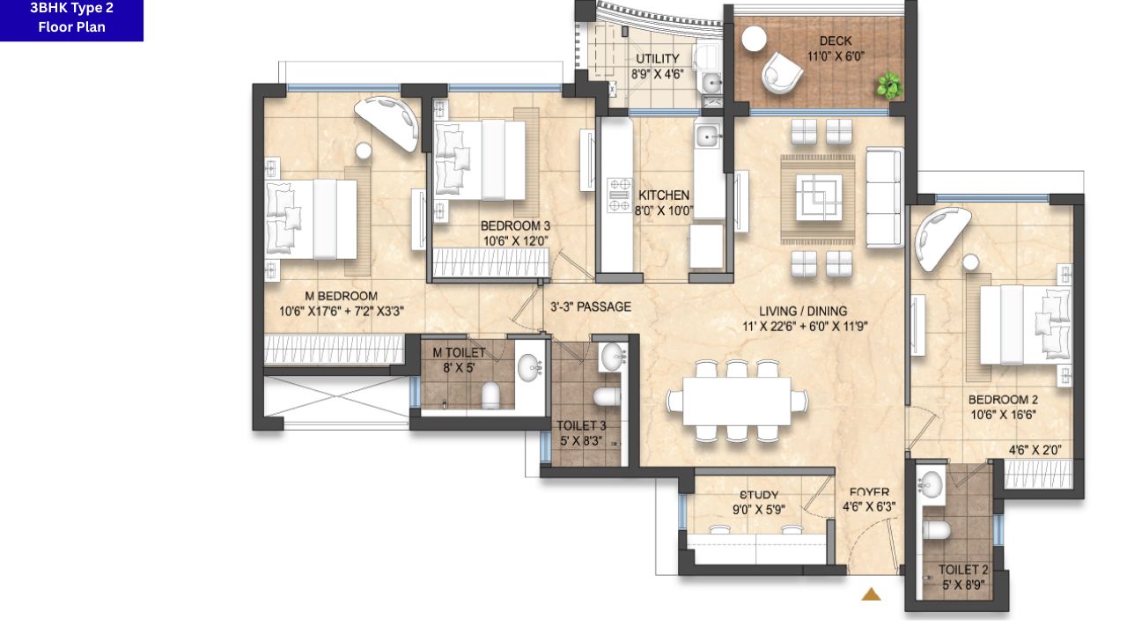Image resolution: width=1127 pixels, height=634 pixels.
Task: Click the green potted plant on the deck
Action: coord(889,85)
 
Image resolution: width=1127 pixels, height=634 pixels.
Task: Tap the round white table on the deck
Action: coord(754,39)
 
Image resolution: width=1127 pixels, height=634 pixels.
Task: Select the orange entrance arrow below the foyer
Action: coord(871,594)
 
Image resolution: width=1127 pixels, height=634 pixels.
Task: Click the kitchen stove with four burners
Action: coord(619,195)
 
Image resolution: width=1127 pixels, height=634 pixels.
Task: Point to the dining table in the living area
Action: coord(737,401)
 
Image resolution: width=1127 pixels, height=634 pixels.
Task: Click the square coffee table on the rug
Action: coord(819,196)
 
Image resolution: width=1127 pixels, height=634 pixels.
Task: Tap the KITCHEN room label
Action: coord(664,195)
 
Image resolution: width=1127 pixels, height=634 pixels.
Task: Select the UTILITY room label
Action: coord(658,58)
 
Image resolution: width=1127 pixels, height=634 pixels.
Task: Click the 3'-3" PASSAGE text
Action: coord(591,307)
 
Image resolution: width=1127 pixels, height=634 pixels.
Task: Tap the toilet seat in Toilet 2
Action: coord(936,530)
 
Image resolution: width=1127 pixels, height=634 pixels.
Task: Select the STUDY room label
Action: coord(759,495)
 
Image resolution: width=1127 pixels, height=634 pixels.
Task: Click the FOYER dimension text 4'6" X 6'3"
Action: coord(869,506)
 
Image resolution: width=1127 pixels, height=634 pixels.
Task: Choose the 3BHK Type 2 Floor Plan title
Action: coord(72,17)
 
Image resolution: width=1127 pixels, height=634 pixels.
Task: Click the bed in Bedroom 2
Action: coord(1023,325)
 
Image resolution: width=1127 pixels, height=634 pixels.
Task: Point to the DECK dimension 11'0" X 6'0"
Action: coord(836,56)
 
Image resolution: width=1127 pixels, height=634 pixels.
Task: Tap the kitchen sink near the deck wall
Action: coord(707,135)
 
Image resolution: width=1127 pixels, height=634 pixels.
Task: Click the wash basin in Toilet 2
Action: coord(931,483)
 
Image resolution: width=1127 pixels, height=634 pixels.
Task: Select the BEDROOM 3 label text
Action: coord(515,226)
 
